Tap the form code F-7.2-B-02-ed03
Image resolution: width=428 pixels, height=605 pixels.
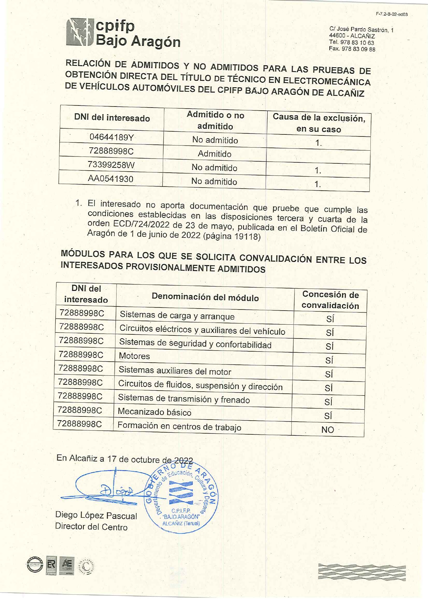pos(391,14)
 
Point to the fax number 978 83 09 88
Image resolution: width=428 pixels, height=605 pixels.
pos(352,49)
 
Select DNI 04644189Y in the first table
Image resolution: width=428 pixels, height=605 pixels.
pos(111,137)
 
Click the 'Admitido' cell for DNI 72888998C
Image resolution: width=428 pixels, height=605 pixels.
pos(215,154)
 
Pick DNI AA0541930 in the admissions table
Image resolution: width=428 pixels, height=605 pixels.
pos(110,179)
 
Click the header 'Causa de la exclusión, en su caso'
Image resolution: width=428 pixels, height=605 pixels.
pos(319,123)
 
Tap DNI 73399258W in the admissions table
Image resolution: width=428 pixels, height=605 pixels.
pos(111,165)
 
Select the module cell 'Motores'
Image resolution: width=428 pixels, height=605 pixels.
pos(135,356)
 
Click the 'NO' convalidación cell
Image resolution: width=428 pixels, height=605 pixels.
pos(328,430)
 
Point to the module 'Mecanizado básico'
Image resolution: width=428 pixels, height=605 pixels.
pos(155,412)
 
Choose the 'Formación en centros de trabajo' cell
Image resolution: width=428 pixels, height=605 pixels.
pos(179,426)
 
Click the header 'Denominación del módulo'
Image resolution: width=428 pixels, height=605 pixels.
pos(205,297)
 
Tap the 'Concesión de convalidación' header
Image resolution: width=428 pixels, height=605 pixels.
pos(330,300)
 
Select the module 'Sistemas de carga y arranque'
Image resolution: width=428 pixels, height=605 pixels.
pos(177,315)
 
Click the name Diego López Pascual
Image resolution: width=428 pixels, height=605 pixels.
pos(96,515)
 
